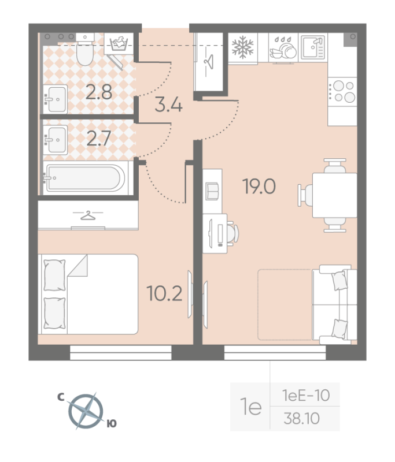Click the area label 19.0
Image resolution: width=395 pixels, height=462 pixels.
point(260,187)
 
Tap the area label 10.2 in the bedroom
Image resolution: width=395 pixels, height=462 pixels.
point(165,295)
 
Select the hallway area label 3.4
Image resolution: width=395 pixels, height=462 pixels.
point(169,106)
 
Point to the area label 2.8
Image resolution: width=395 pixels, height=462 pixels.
point(99,92)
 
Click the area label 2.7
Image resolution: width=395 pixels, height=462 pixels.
point(99,139)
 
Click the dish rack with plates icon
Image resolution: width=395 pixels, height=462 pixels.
point(283,47)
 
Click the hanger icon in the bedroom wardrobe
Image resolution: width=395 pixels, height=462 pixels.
point(87,215)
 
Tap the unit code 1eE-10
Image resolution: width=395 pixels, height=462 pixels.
point(305,396)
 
